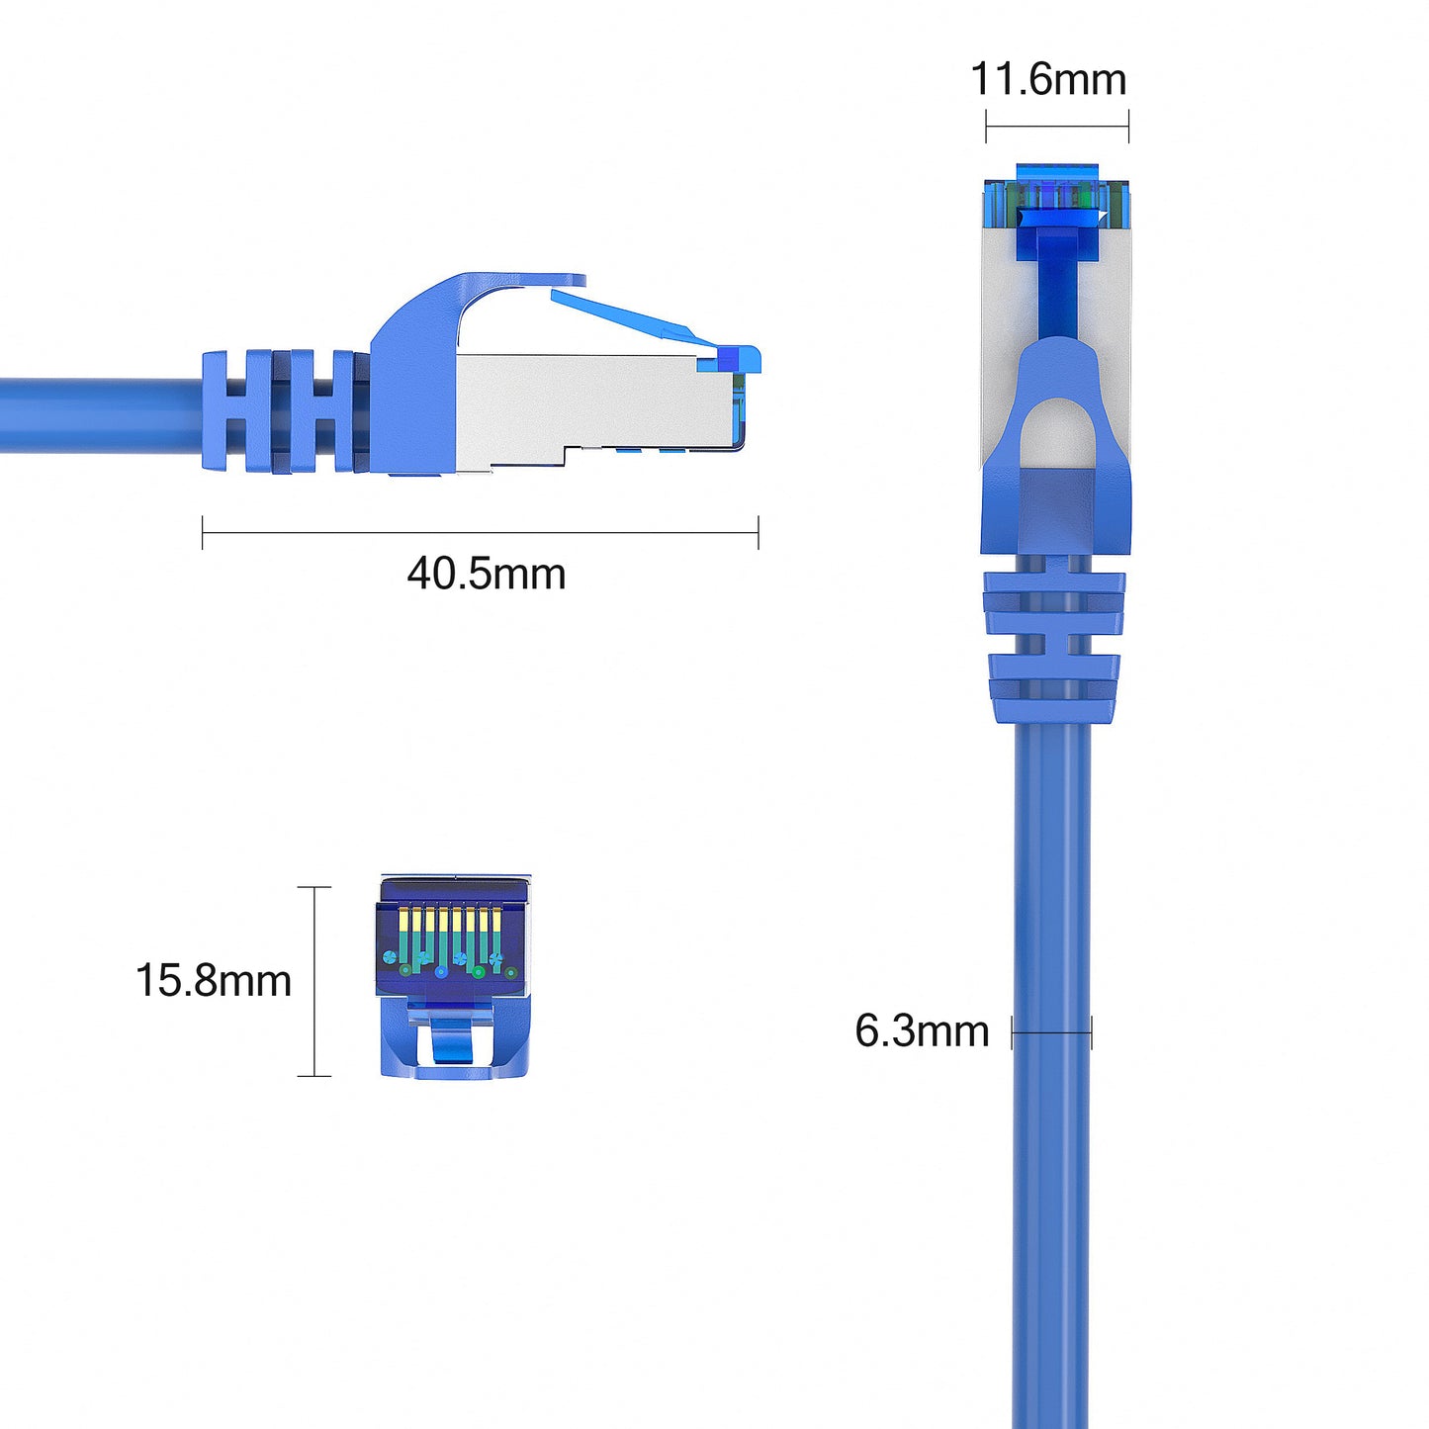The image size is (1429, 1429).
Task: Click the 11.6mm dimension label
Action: pos(1048,79)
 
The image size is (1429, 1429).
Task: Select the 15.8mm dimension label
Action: pos(214,980)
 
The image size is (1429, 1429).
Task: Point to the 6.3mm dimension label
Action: pos(922,1030)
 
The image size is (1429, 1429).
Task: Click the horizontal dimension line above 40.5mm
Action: pos(481,532)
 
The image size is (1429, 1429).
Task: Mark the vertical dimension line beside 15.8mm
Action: pos(314,981)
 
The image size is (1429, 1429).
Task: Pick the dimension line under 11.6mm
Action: pos(1057,126)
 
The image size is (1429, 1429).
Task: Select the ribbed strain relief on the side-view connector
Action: pos(286,410)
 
